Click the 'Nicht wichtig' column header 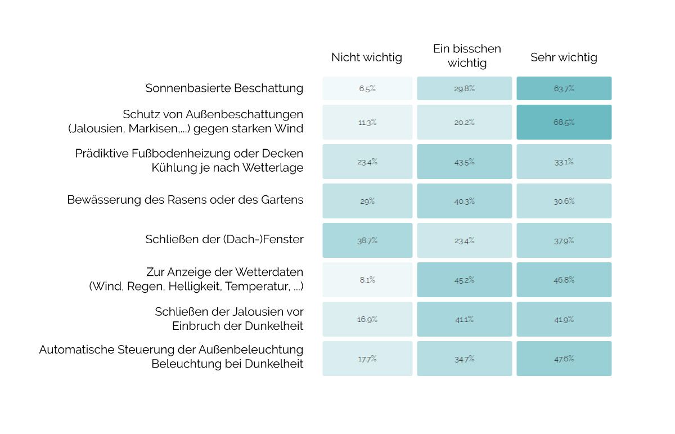[x=367, y=57]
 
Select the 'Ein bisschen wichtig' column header [x=467, y=56]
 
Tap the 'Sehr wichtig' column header [x=564, y=57]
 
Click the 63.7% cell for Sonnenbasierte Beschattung [x=564, y=88]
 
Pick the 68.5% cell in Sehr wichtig [x=564, y=122]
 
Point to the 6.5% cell [x=367, y=88]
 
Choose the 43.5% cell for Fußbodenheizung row [x=465, y=162]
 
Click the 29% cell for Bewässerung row [x=367, y=201]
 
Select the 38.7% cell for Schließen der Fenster [x=367, y=240]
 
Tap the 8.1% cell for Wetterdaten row [x=367, y=280]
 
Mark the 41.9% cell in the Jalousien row [x=564, y=319]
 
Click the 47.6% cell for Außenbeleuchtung [x=564, y=359]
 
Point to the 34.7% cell [x=465, y=359]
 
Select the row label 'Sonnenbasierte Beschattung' [x=224, y=88]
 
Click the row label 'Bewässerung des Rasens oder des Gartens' [x=185, y=200]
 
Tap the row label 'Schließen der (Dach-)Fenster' [x=224, y=239]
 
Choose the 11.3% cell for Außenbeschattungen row [x=367, y=122]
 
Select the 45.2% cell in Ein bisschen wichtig [x=465, y=280]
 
